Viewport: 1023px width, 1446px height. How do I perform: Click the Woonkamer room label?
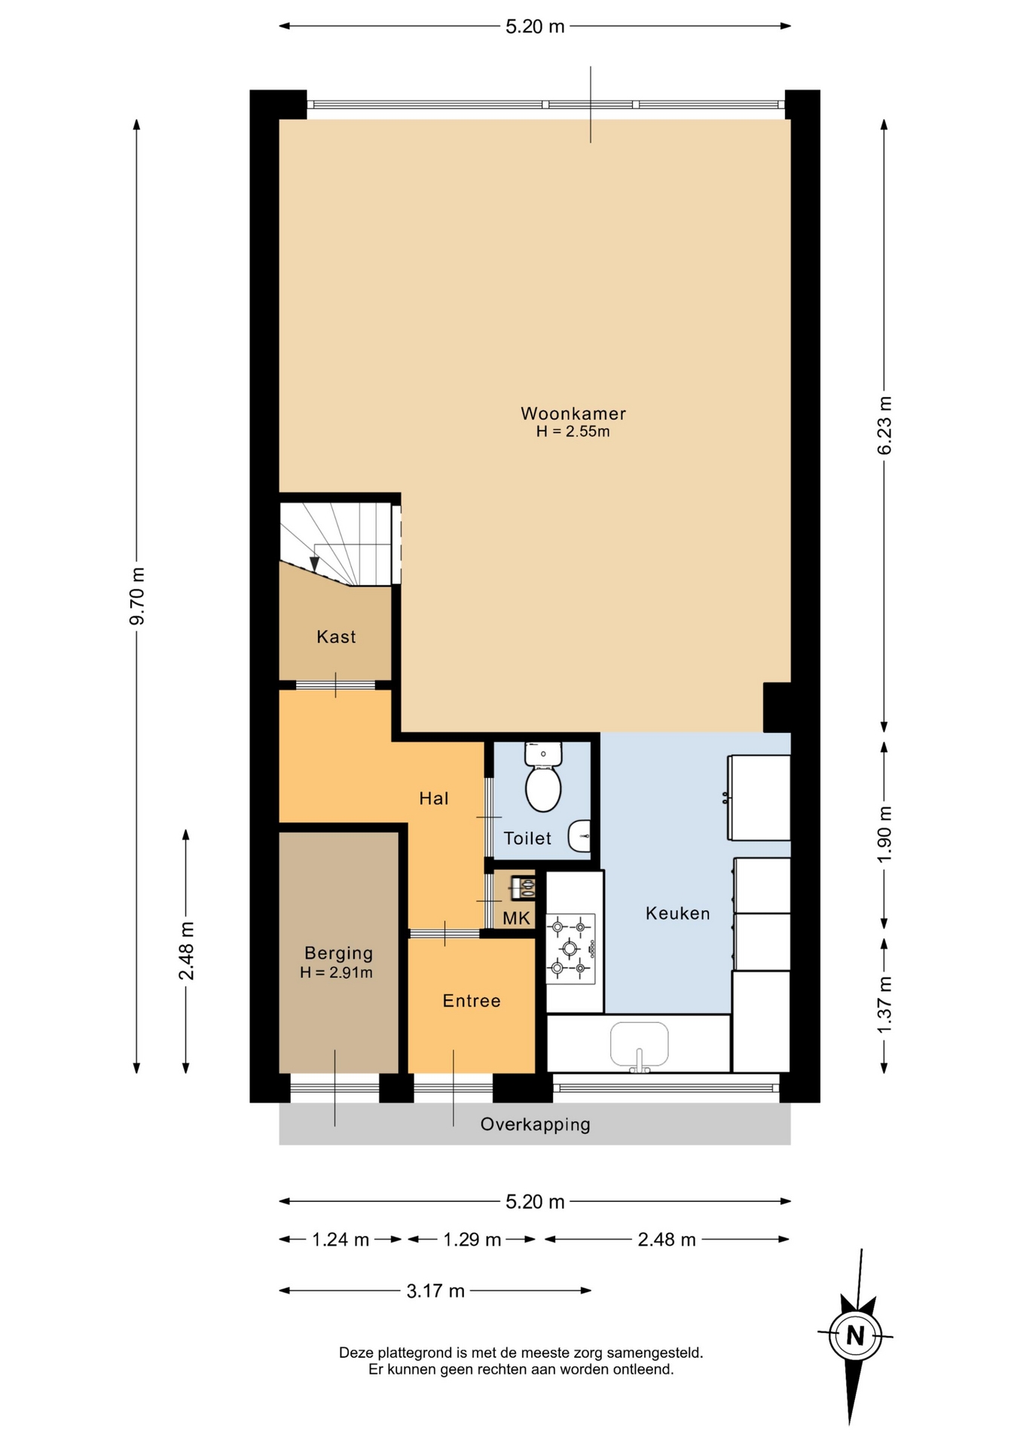(x=573, y=413)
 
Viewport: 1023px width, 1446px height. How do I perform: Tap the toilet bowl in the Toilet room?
(x=543, y=786)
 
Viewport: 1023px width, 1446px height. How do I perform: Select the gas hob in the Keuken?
(x=570, y=948)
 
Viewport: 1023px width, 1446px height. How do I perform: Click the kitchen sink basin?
(x=640, y=1044)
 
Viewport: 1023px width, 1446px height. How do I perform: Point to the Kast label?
(x=336, y=637)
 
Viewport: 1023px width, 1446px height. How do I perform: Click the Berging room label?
(x=338, y=953)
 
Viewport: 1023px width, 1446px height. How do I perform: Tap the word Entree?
(x=472, y=1001)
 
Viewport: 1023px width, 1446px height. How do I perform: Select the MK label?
(x=517, y=918)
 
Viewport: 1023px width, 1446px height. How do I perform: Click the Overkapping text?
(x=536, y=1124)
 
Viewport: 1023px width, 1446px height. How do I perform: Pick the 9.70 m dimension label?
(x=137, y=596)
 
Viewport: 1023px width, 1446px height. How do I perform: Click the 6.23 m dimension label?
(x=884, y=426)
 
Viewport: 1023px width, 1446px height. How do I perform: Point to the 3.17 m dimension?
(x=435, y=1291)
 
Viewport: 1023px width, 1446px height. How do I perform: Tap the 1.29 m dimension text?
(x=472, y=1240)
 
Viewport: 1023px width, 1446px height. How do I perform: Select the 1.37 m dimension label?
(x=884, y=1005)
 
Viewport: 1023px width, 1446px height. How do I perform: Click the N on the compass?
(x=855, y=1336)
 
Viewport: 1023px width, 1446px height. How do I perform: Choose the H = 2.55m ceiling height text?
(x=573, y=432)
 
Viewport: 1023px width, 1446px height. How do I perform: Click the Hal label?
(x=434, y=798)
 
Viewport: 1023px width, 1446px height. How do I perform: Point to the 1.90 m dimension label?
(x=884, y=834)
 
